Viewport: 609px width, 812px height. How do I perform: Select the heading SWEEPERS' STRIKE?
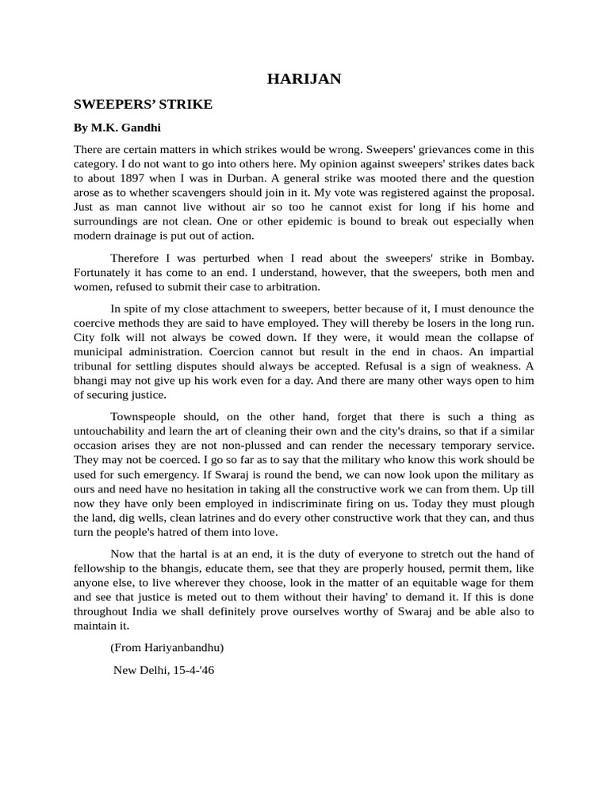[x=143, y=104]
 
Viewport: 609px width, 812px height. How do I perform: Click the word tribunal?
[x=96, y=366]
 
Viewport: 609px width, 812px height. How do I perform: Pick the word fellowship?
[x=103, y=569]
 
